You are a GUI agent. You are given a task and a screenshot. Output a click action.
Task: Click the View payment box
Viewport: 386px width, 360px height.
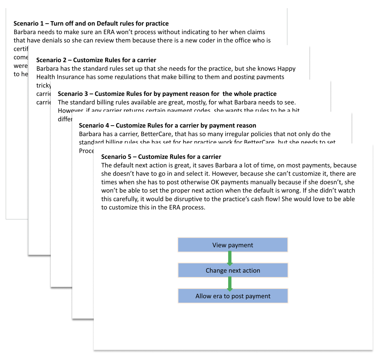(233, 245)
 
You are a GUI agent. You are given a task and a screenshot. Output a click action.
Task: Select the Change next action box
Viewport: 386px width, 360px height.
(233, 270)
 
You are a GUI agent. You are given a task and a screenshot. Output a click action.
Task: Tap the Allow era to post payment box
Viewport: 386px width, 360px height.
(233, 296)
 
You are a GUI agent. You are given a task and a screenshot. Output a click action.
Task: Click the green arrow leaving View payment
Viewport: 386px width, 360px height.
(230, 258)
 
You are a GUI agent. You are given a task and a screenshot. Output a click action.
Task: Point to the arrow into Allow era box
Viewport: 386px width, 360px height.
(230, 283)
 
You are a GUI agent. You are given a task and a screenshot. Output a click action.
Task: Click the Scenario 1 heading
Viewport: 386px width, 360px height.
(91, 24)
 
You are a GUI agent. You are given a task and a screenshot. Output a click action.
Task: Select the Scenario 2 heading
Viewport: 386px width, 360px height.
(96, 60)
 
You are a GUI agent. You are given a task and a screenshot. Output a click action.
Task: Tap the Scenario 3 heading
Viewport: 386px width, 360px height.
(167, 93)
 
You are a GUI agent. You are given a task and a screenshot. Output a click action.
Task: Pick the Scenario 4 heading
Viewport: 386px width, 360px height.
(167, 126)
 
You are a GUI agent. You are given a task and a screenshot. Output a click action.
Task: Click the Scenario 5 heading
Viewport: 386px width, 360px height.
(161, 156)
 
